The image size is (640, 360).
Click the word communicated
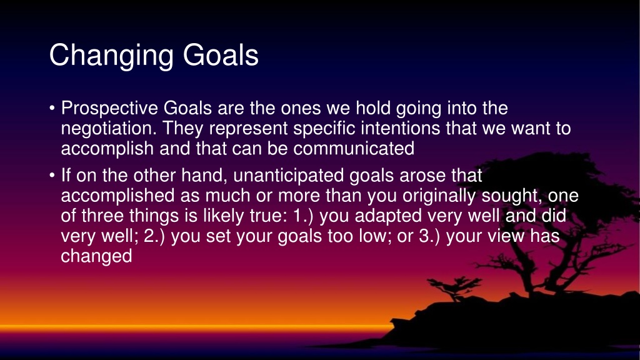pyautogui.click(x=354, y=149)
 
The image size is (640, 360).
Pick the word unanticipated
pyautogui.click(x=289, y=176)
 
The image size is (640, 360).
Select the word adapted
pyautogui.click(x=388, y=216)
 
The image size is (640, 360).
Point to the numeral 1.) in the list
pyautogui.click(x=303, y=216)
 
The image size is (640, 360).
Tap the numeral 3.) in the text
pyautogui.click(x=429, y=236)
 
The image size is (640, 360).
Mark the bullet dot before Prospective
pyautogui.click(x=52, y=109)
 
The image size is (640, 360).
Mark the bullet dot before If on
pyautogui.click(x=52, y=176)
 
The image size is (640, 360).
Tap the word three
pyautogui.click(x=102, y=216)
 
